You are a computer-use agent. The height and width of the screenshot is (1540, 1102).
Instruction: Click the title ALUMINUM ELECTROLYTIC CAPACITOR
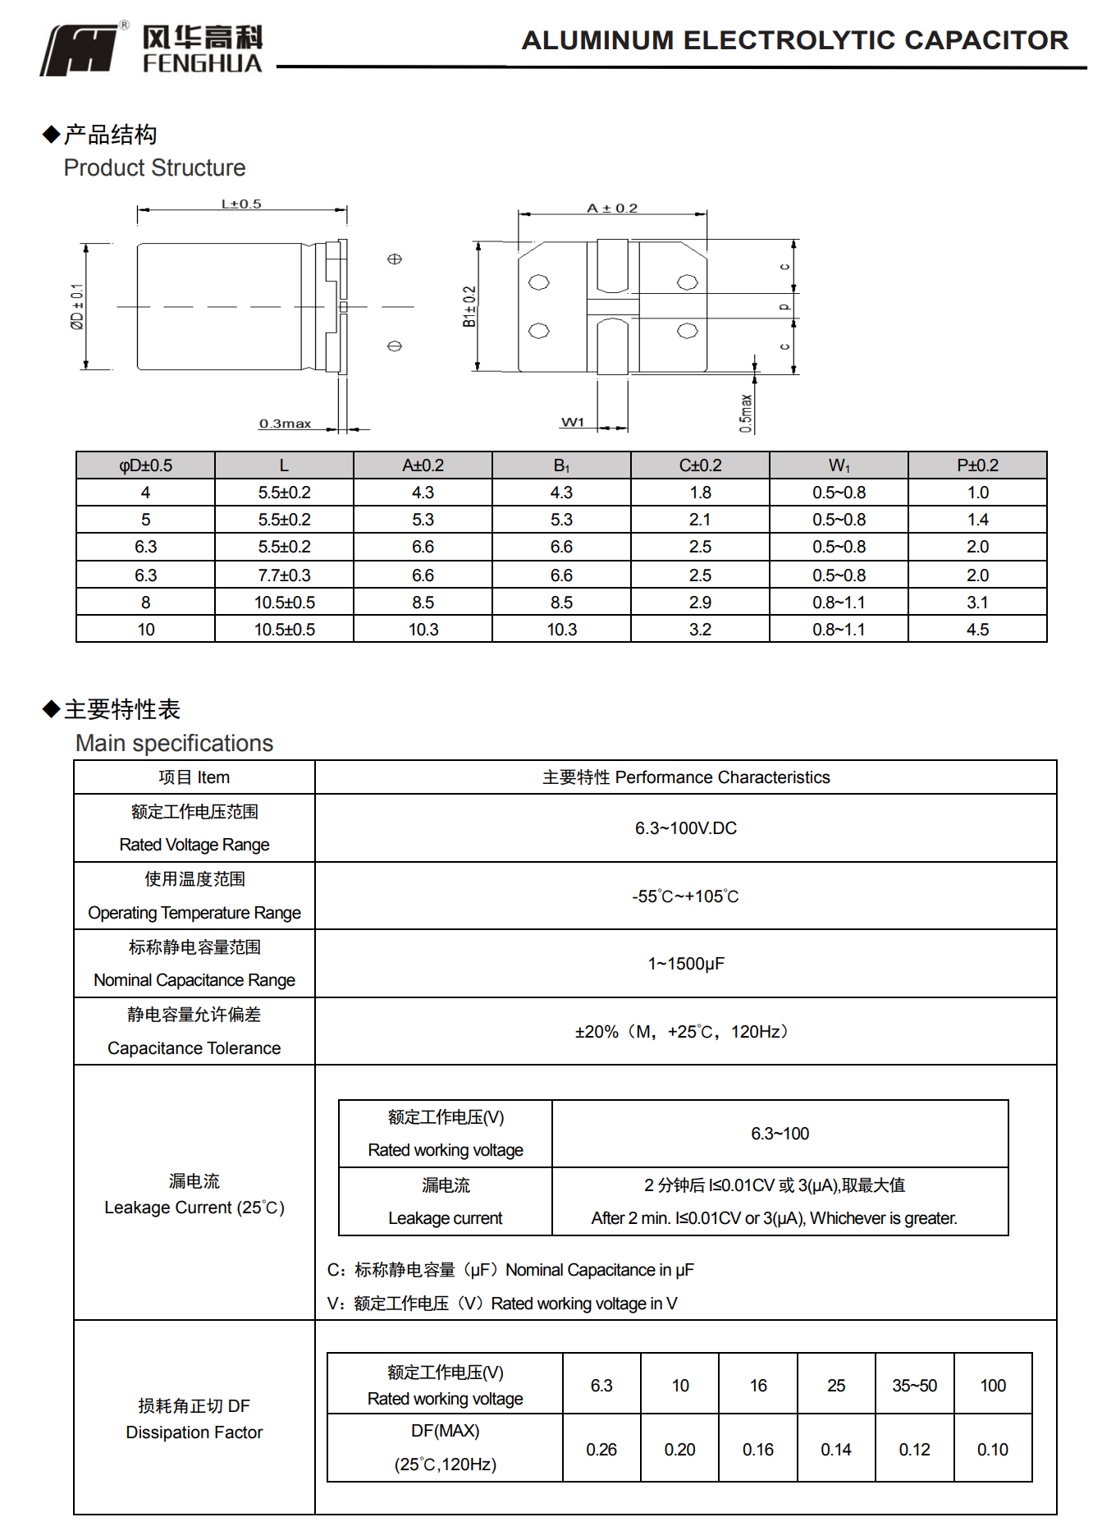click(794, 40)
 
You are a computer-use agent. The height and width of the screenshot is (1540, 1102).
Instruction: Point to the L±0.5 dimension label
click(241, 204)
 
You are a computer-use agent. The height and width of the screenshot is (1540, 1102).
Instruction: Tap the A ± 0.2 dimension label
click(612, 209)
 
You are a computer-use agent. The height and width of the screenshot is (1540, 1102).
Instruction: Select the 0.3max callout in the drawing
click(285, 424)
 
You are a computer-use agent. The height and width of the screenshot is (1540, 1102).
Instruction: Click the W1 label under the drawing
click(573, 422)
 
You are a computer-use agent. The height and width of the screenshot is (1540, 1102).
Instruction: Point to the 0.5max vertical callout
click(746, 413)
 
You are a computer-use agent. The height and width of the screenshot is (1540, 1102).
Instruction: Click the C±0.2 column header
click(700, 465)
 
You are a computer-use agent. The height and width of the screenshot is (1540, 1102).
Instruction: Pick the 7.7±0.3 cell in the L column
click(284, 575)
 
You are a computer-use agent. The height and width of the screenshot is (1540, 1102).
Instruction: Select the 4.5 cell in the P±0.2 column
click(977, 630)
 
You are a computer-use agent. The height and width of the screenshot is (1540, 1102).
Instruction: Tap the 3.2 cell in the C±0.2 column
click(700, 630)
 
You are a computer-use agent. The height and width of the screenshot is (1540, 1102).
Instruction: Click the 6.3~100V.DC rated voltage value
click(685, 828)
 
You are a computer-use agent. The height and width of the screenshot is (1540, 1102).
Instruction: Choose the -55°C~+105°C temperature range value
click(685, 896)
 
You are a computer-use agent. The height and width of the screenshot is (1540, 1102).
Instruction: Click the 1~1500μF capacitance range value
click(685, 964)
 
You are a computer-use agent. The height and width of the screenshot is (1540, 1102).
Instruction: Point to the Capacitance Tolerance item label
click(194, 1048)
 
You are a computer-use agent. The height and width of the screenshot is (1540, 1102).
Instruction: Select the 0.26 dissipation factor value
click(601, 1450)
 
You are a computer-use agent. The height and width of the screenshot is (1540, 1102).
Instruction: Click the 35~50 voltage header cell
click(914, 1386)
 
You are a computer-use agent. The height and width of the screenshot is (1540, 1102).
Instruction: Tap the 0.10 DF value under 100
click(992, 1450)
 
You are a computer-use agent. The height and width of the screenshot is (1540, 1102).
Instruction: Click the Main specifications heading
click(174, 743)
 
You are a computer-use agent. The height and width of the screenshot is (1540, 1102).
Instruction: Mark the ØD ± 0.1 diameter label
click(77, 307)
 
